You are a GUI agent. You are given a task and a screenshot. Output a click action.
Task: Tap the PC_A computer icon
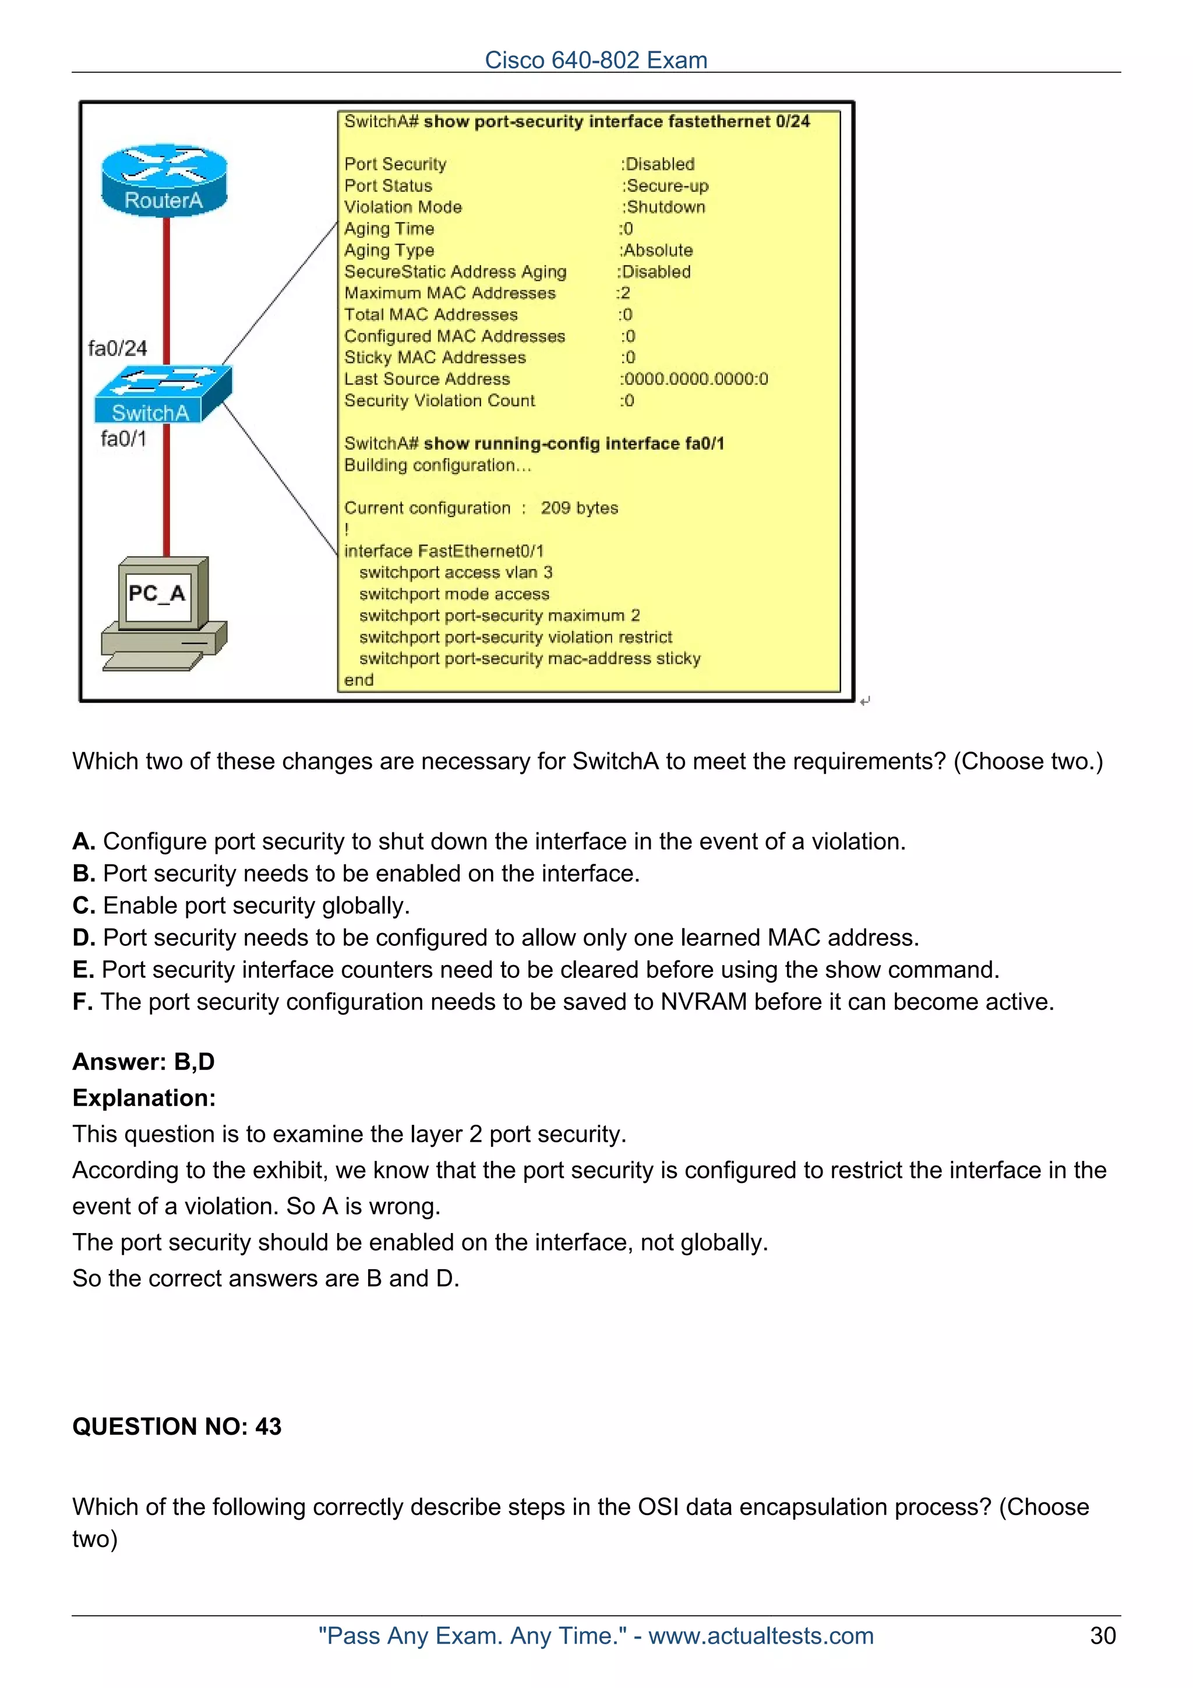pyautogui.click(x=163, y=614)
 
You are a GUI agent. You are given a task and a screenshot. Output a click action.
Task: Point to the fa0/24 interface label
pyautogui.click(x=118, y=348)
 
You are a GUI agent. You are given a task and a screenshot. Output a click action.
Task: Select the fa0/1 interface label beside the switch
pyautogui.click(x=123, y=439)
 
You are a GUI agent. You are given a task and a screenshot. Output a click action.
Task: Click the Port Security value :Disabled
pyautogui.click(x=658, y=164)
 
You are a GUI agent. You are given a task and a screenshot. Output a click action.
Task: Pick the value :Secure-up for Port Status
pyautogui.click(x=665, y=185)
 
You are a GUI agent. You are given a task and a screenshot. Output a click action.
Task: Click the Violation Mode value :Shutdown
pyautogui.click(x=663, y=207)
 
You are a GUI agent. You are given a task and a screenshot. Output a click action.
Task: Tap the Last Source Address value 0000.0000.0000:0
pyautogui.click(x=694, y=379)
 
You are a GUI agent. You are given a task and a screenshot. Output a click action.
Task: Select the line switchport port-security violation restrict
pyautogui.click(x=516, y=637)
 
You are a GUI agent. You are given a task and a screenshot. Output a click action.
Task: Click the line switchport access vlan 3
pyautogui.click(x=456, y=573)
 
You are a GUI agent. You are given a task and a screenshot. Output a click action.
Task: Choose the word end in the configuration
pyautogui.click(x=359, y=680)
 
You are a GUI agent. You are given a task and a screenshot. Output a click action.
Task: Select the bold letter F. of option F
pyautogui.click(x=82, y=1001)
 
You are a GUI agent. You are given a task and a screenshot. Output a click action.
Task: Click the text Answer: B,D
pyautogui.click(x=143, y=1062)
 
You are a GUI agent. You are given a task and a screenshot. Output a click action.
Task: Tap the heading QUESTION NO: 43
pyautogui.click(x=177, y=1426)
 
